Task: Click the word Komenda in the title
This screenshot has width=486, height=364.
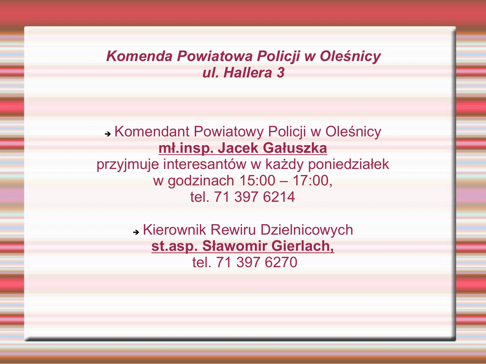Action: (139, 56)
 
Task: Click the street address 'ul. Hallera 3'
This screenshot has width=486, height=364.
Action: (243, 73)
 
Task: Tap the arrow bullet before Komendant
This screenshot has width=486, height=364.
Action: (108, 134)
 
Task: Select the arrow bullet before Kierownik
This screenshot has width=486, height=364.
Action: (136, 232)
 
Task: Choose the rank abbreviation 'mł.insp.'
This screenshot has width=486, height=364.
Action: (186, 148)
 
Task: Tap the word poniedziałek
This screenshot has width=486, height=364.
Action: (348, 164)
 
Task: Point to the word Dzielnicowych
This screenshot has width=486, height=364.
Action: (307, 230)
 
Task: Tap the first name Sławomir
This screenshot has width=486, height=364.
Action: (234, 246)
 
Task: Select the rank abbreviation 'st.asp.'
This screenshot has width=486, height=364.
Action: (175, 246)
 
